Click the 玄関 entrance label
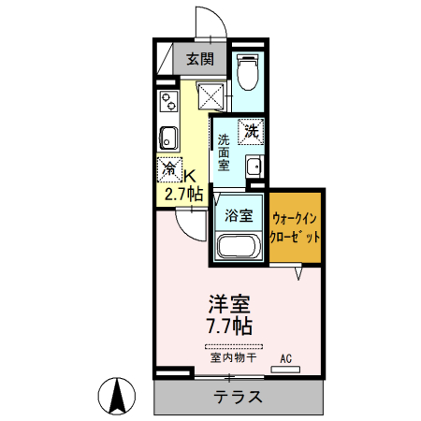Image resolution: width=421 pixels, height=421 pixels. tap(199, 59)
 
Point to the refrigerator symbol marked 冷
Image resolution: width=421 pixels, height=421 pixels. tap(170, 169)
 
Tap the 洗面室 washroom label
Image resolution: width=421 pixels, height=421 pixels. tap(224, 152)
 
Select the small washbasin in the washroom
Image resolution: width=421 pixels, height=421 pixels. tap(253, 167)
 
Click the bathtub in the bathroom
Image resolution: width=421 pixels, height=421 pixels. tap(238, 246)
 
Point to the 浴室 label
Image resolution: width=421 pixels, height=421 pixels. tap(238, 215)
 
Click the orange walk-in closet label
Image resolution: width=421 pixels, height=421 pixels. tap(297, 227)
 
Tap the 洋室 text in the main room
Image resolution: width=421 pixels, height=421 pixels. tap(229, 304)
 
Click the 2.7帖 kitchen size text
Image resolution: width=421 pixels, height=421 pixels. tap(183, 195)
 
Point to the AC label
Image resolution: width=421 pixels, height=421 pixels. tap(286, 356)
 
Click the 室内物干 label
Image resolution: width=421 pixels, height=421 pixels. tap(228, 357)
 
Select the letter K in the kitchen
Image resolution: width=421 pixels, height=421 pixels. tap(190, 175)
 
